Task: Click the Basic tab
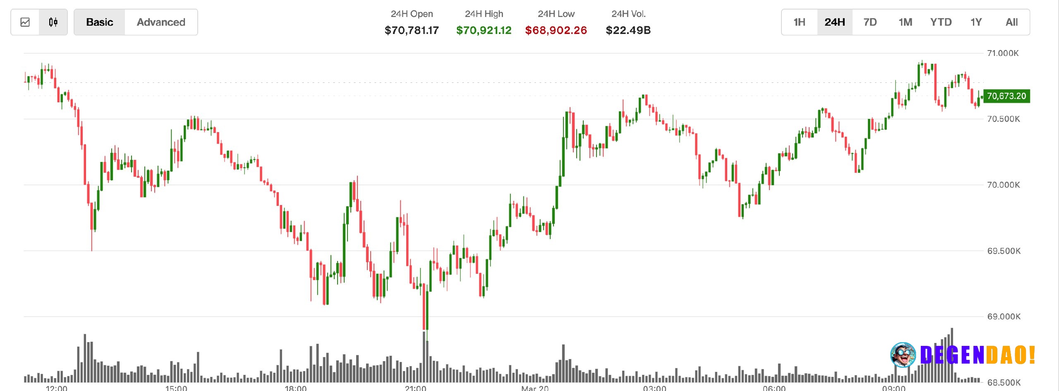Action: pyautogui.click(x=99, y=22)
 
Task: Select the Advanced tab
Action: pyautogui.click(x=161, y=22)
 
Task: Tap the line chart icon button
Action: pyautogui.click(x=25, y=22)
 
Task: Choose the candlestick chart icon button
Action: pyautogui.click(x=53, y=22)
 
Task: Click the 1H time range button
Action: pyautogui.click(x=799, y=22)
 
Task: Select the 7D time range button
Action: pyautogui.click(x=870, y=22)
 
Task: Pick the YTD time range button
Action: pyautogui.click(x=941, y=22)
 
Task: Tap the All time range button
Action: pyautogui.click(x=1011, y=22)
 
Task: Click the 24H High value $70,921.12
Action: pyautogui.click(x=484, y=30)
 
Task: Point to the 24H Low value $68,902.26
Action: pyautogui.click(x=556, y=30)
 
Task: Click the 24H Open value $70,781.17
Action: pyautogui.click(x=412, y=30)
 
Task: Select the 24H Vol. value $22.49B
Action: pyautogui.click(x=628, y=30)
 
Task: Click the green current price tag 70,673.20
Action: pyautogui.click(x=1006, y=96)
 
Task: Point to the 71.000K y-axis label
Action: pyautogui.click(x=1003, y=53)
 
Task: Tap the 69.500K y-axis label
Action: pyautogui.click(x=1004, y=251)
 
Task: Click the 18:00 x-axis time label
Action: pyautogui.click(x=295, y=388)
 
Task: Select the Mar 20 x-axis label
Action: pyautogui.click(x=535, y=388)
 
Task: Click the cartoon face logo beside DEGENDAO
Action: pyautogui.click(x=903, y=355)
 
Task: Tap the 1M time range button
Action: pyautogui.click(x=905, y=22)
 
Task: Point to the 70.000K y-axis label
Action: pyautogui.click(x=1004, y=185)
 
